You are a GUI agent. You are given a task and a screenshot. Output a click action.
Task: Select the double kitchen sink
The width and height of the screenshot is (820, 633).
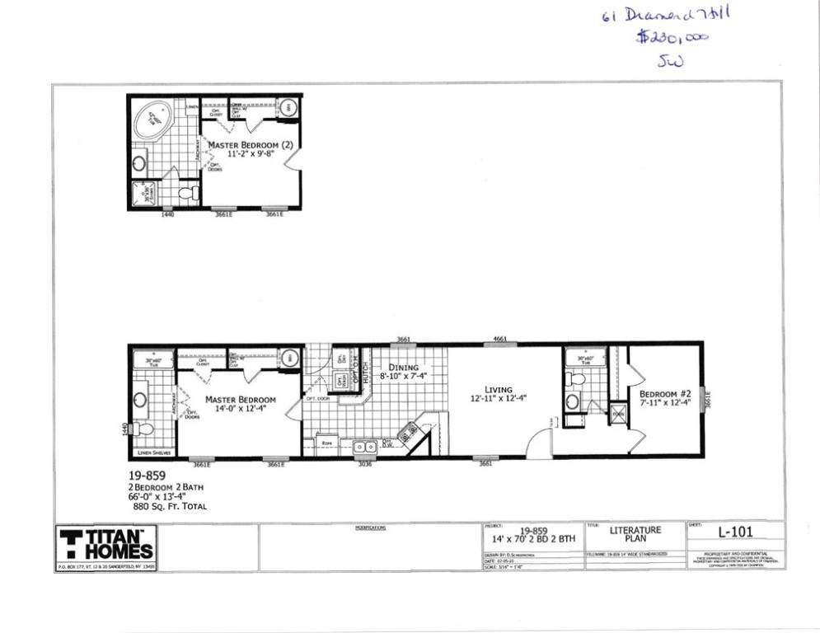click(365, 447)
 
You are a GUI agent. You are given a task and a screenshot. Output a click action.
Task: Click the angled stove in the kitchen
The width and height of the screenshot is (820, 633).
click(408, 431)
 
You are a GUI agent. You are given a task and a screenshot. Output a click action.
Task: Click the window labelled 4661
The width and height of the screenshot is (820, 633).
click(499, 339)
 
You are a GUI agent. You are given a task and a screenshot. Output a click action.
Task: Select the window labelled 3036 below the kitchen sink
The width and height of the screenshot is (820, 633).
click(364, 464)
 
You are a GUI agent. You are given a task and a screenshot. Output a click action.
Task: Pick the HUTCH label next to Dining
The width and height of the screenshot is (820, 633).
click(364, 375)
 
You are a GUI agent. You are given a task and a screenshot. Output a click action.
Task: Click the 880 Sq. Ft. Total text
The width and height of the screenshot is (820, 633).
click(167, 506)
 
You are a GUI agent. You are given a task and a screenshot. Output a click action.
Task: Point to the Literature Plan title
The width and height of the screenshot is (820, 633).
click(635, 534)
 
